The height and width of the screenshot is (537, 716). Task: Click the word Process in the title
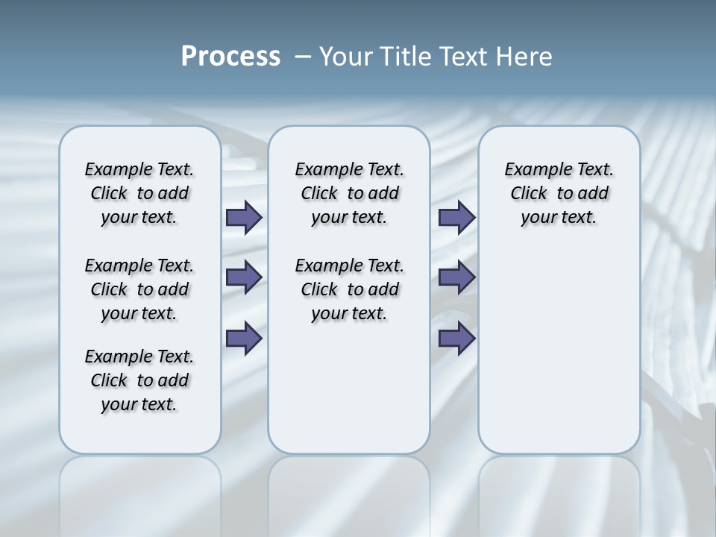pos(230,57)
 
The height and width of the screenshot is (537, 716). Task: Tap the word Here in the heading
pos(527,57)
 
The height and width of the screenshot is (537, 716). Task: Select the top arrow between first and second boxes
pos(244,218)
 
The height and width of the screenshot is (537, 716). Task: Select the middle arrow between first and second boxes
pos(244,277)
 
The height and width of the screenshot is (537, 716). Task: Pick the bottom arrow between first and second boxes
pos(244,339)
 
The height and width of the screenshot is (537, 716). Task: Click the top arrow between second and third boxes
pos(456,218)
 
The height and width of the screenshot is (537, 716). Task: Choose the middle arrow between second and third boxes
pos(456,277)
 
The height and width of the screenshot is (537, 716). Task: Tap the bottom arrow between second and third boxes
pos(456,339)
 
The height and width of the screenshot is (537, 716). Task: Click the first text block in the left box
pos(139,193)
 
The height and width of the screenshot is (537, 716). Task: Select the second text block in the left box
pos(139,289)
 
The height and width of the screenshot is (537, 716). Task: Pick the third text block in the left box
pos(139,380)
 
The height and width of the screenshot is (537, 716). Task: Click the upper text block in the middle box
pos(349,193)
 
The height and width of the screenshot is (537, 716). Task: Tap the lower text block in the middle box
pos(349,289)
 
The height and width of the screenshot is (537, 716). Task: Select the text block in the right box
pos(559,193)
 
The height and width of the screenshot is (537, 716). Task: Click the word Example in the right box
pos(533,170)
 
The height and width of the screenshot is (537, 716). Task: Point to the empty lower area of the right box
pos(559,351)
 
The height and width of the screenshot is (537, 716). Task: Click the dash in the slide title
pos(303,57)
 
